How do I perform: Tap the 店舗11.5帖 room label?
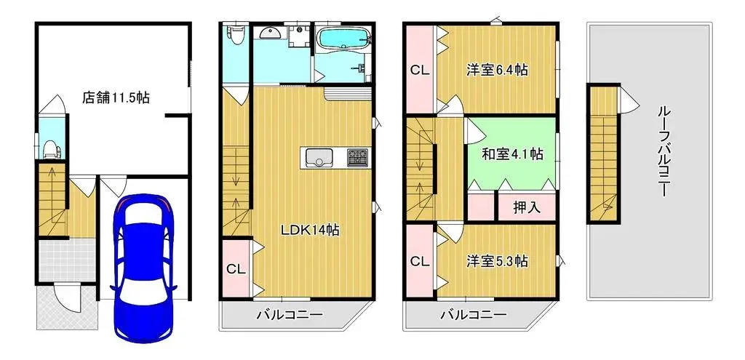pyautogui.click(x=116, y=97)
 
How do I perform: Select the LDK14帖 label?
pyautogui.click(x=310, y=230)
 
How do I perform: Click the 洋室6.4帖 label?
pyautogui.click(x=497, y=70)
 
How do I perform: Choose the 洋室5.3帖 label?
pyautogui.click(x=497, y=260)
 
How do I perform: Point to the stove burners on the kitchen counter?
pyautogui.click(x=357, y=157)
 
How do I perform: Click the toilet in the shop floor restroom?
pyautogui.click(x=50, y=148)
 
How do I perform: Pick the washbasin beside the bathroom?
pyautogui.click(x=270, y=33)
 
